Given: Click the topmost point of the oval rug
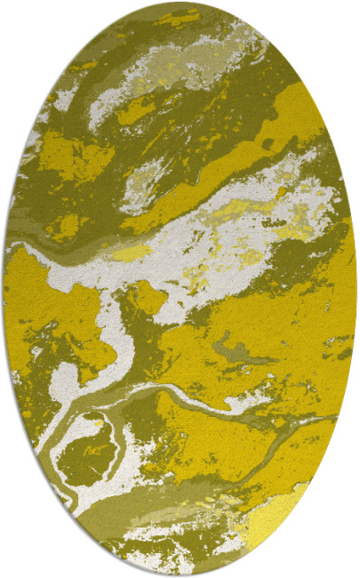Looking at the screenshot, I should [x=180, y=3].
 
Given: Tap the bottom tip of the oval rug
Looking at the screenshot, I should [x=180, y=575].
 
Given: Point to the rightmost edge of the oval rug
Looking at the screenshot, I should [x=356, y=289].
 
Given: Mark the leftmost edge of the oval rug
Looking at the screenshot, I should [x=4, y=289].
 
